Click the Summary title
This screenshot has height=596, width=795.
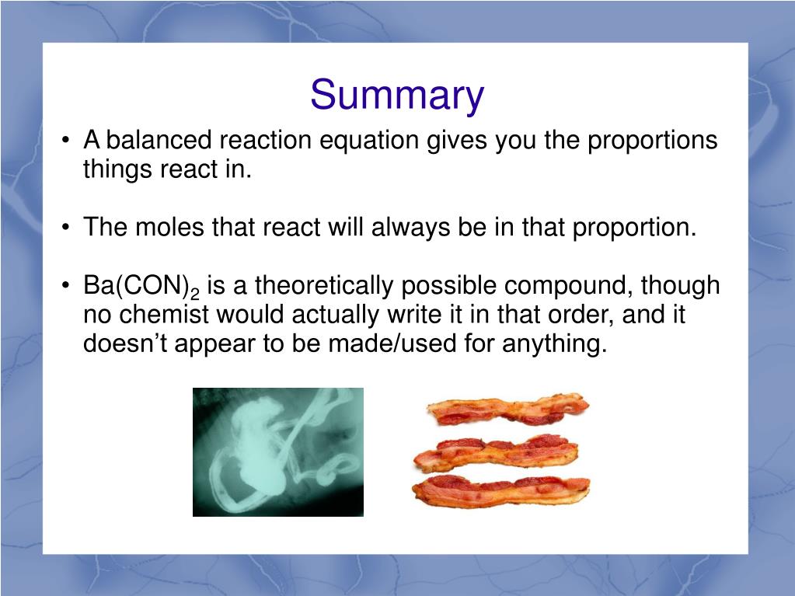tap(397, 95)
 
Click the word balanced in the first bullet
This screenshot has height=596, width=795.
tap(159, 140)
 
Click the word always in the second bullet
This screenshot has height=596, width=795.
tap(410, 228)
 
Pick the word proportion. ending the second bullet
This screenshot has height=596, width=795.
tap(634, 228)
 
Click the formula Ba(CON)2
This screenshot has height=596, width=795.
tap(141, 286)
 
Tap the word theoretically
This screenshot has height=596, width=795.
tap(323, 286)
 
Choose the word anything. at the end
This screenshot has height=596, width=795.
tap(555, 344)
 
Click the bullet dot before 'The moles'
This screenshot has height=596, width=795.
tap(65, 228)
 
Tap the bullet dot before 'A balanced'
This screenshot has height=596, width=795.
tap(65, 141)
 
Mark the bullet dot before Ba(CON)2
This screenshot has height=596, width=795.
tap(65, 286)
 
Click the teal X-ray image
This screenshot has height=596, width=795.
tap(278, 452)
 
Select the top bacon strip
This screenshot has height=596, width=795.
tap(507, 410)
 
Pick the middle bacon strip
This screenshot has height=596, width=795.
tap(497, 452)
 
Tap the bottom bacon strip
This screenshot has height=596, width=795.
tap(501, 490)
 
